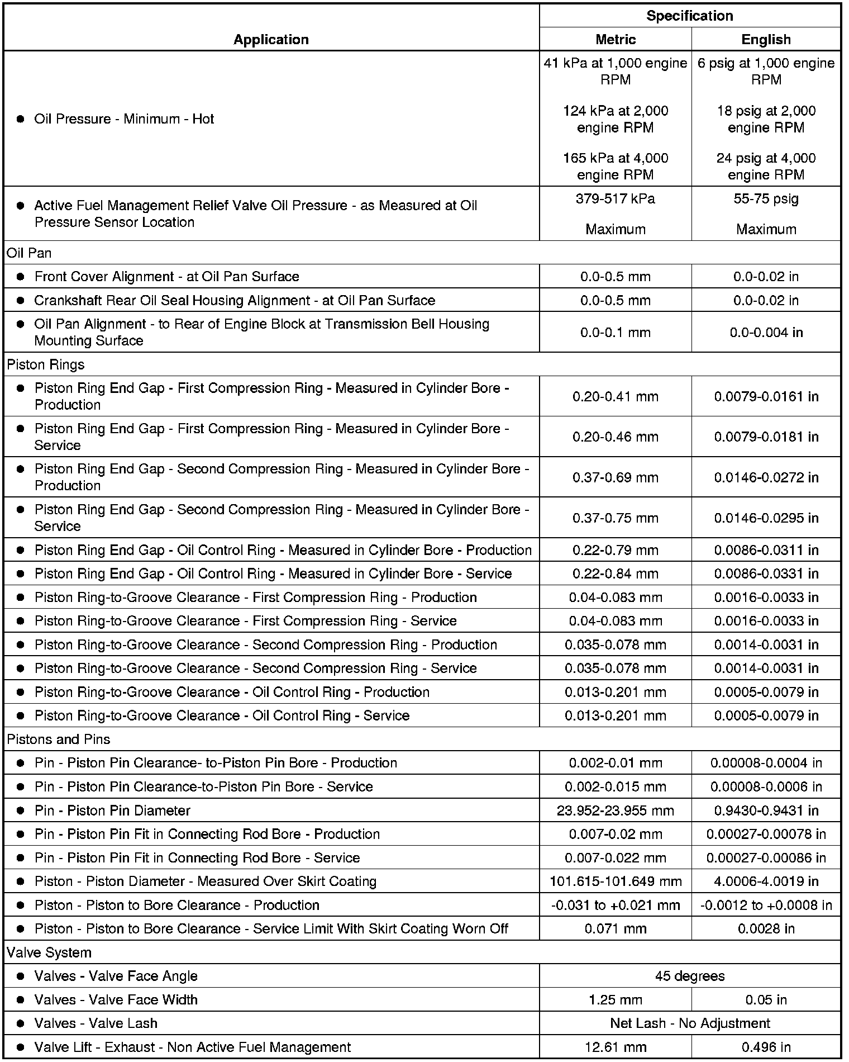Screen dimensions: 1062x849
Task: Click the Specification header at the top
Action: click(689, 16)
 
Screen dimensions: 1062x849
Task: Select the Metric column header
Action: click(615, 39)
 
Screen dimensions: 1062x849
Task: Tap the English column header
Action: click(766, 39)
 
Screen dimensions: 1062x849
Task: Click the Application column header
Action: click(271, 39)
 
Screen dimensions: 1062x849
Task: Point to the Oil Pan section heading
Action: click(29, 253)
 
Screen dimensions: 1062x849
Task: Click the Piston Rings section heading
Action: click(46, 364)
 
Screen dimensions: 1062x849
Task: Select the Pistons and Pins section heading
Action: click(59, 739)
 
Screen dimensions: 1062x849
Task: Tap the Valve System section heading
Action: click(49, 952)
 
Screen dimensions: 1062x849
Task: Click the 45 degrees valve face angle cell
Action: click(689, 976)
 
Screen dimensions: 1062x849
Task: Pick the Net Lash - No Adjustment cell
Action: click(689, 1023)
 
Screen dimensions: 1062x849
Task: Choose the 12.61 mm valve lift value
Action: click(615, 1047)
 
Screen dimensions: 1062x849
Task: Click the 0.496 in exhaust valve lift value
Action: click(766, 1047)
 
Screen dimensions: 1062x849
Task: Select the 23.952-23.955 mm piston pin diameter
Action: click(615, 810)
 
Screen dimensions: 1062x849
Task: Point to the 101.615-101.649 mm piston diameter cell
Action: click(615, 881)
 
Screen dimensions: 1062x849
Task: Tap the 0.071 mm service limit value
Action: click(615, 928)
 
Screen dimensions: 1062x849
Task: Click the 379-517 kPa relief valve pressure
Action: click(615, 199)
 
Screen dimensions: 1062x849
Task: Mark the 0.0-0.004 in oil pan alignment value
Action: click(766, 333)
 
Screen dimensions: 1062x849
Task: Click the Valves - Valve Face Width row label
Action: click(116, 999)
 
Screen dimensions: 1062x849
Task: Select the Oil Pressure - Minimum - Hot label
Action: click(124, 119)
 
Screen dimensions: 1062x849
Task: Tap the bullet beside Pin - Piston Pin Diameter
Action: click(21, 810)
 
